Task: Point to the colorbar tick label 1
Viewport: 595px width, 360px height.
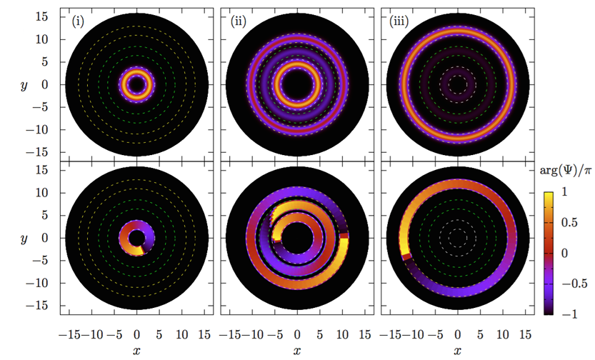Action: click(566, 192)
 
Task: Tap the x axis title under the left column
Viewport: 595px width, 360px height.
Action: click(137, 351)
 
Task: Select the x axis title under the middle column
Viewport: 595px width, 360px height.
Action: click(296, 351)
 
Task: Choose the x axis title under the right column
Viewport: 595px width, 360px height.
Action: click(457, 351)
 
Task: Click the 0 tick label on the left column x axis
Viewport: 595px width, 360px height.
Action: click(137, 334)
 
